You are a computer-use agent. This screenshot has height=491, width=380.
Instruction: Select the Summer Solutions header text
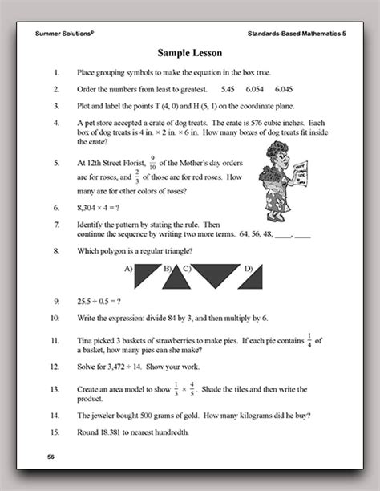click(x=65, y=34)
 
